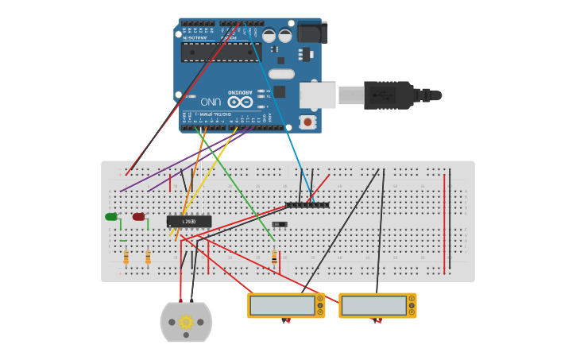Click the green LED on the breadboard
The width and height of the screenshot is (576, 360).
110,217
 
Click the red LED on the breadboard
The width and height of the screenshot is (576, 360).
138,217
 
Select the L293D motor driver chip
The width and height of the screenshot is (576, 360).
189,221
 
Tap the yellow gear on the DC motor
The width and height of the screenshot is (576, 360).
186,322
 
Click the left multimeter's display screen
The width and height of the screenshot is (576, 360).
282,305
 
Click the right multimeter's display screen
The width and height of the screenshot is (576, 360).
373,305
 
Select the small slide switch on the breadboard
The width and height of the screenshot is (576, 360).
279,224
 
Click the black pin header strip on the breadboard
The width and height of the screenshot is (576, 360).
307,205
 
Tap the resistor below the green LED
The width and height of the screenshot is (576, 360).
126,257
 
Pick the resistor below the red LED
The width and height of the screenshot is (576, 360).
148,257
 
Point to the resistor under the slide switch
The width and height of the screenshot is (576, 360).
274,257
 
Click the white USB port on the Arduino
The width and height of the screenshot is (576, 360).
317,95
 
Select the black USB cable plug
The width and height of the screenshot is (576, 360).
389,95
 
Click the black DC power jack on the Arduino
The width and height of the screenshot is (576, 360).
311,33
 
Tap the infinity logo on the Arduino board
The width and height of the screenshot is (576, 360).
240,101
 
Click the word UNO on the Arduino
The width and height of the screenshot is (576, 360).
211,102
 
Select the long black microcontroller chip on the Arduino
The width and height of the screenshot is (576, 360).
220,52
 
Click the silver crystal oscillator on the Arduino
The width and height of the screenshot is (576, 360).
281,74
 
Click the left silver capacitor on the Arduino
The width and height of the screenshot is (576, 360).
269,36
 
